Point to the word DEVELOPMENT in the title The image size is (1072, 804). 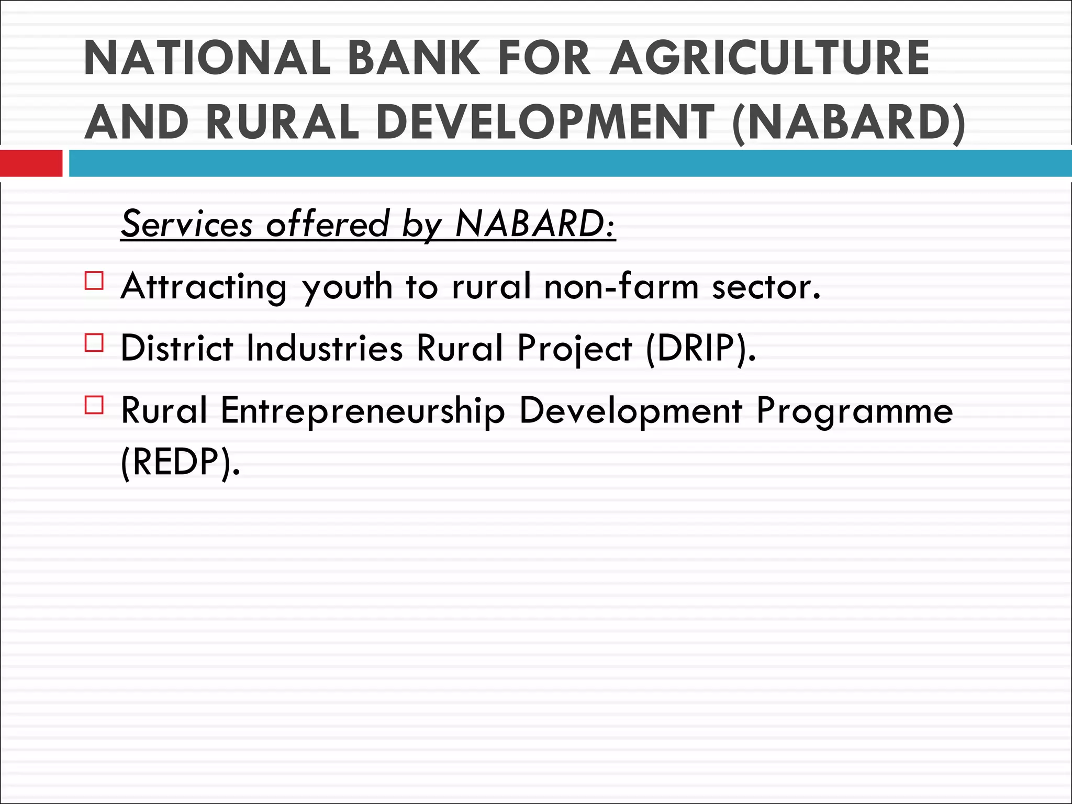[544, 122]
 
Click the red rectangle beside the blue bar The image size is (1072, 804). [31, 163]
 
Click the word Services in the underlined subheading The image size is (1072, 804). [187, 225]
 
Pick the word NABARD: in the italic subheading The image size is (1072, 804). [535, 225]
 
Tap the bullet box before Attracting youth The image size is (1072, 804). [94, 281]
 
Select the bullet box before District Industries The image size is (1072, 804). [94, 343]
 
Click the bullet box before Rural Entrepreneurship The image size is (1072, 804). [94, 405]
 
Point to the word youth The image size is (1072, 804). [348, 288]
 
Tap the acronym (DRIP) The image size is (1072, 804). [701, 349]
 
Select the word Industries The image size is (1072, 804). [325, 348]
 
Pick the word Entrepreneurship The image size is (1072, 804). [363, 411]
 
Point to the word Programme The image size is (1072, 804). [854, 411]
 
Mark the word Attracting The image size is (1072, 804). [204, 288]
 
